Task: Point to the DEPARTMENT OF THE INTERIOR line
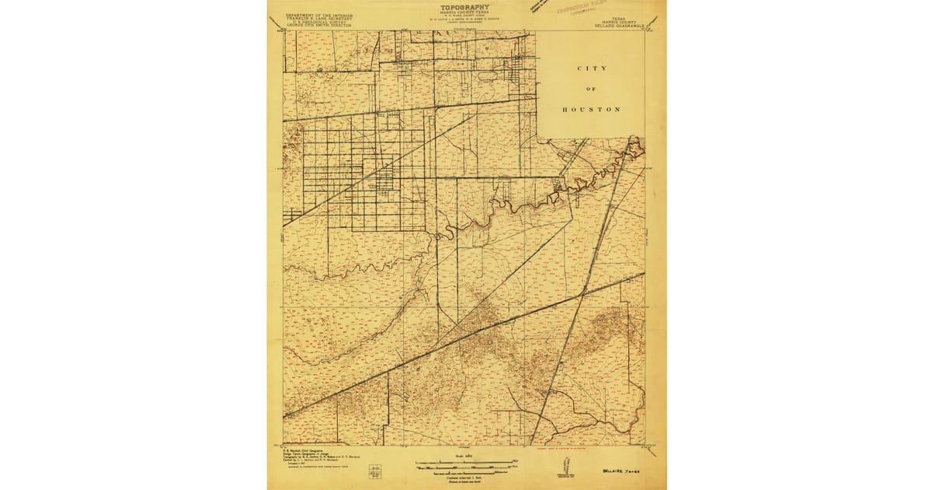(318, 15)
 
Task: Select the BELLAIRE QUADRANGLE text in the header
(625, 26)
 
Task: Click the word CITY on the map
(591, 68)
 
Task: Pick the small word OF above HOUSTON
(591, 89)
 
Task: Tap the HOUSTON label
(591, 110)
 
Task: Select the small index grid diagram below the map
(376, 471)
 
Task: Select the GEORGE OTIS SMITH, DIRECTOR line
(318, 26)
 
